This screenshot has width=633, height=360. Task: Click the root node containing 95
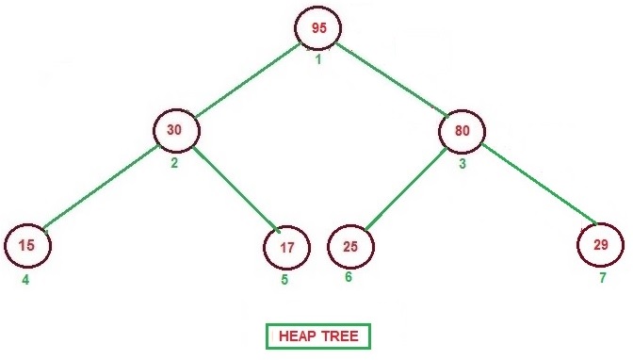318,29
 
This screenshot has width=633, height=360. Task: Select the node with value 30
174,131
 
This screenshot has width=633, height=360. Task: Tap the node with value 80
462,131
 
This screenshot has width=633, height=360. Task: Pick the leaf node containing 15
27,246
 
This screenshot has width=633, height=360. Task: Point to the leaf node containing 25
350,247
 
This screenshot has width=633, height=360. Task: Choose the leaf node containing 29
601,245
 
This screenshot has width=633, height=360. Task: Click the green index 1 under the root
318,60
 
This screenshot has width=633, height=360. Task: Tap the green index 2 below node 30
174,162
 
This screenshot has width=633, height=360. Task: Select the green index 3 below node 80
462,163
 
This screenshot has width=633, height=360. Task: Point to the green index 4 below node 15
25,279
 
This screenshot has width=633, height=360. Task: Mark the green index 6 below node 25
349,277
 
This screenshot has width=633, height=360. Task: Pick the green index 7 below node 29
602,278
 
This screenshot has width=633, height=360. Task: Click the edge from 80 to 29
537,184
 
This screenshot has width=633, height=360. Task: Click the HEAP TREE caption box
318,336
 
